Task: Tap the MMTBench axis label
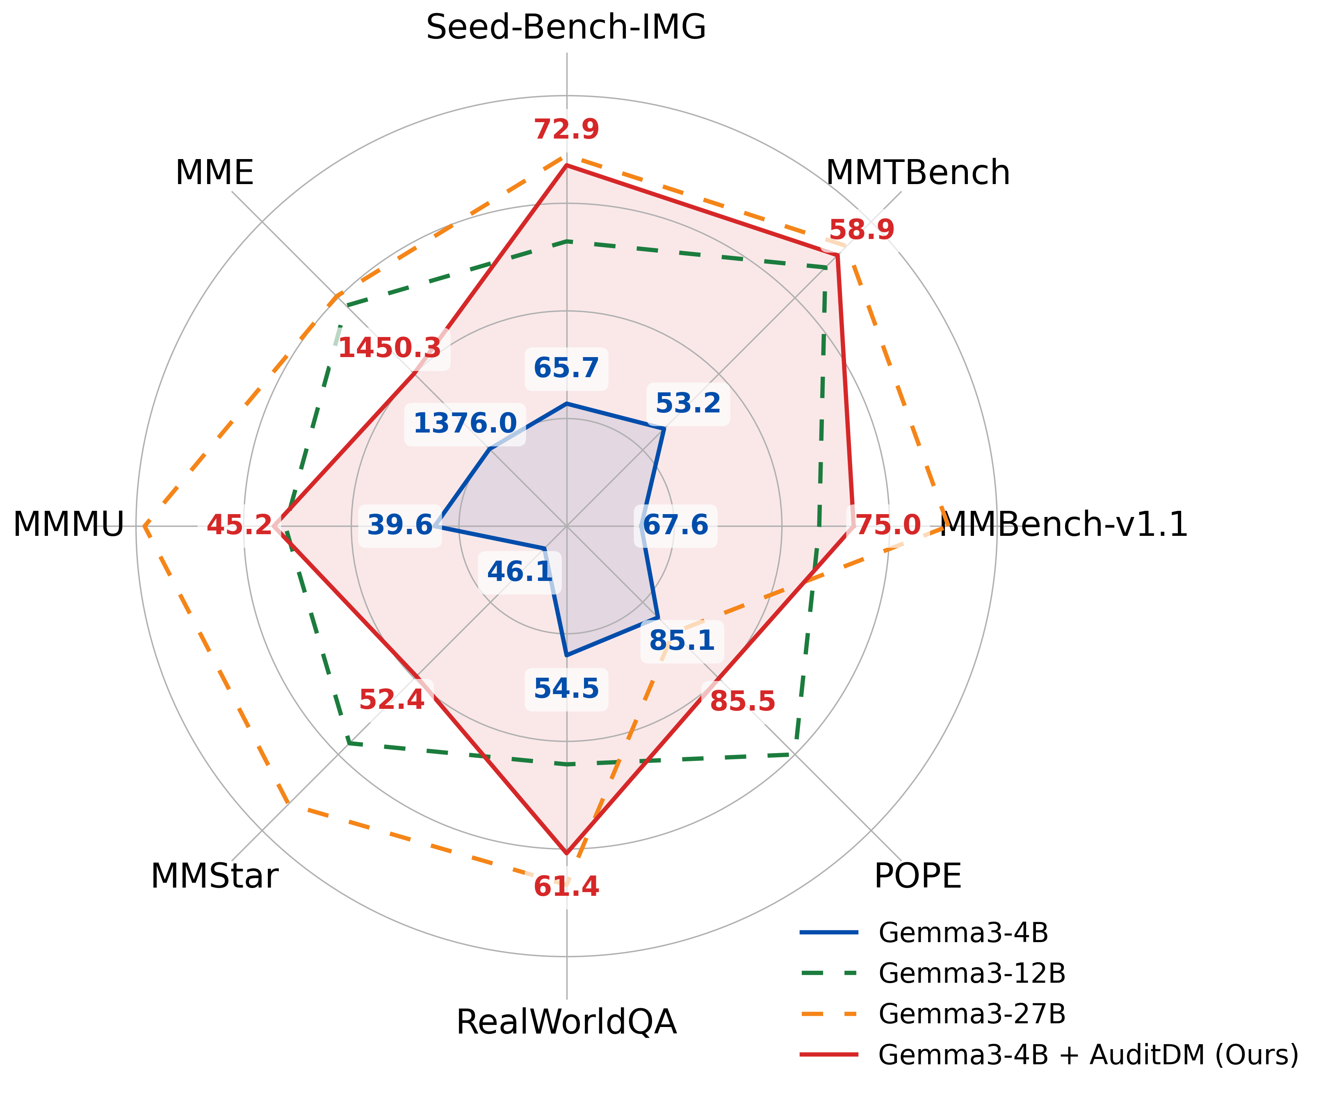pyautogui.click(x=917, y=173)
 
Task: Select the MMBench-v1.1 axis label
pyautogui.click(x=1064, y=524)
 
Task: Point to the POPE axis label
pyautogui.click(x=917, y=876)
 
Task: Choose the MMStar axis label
pyautogui.click(x=214, y=876)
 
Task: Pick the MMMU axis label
pyautogui.click(x=68, y=524)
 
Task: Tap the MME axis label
pyautogui.click(x=214, y=173)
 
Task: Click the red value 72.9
pyautogui.click(x=566, y=130)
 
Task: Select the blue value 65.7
pyautogui.click(x=566, y=368)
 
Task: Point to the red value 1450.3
pyautogui.click(x=389, y=348)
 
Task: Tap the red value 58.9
pyautogui.click(x=861, y=230)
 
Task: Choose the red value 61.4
pyautogui.click(x=566, y=886)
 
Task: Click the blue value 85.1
pyautogui.click(x=681, y=641)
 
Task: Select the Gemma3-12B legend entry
pyautogui.click(x=971, y=973)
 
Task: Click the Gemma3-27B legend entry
pyautogui.click(x=971, y=1013)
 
